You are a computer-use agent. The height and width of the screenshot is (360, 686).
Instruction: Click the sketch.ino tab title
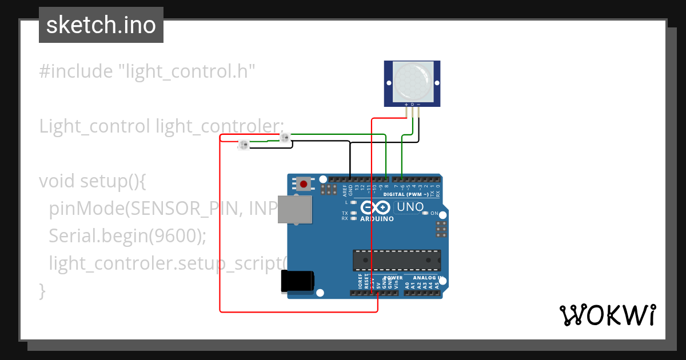pos(101,25)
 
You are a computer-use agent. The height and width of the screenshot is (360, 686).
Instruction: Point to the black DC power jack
pos(297,282)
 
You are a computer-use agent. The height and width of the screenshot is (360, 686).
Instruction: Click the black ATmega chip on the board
pos(397,259)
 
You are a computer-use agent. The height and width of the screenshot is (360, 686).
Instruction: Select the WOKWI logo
pos(607,315)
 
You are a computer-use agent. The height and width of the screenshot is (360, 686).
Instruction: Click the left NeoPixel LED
pos(243,145)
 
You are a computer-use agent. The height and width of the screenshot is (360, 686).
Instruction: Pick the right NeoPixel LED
pos(284,137)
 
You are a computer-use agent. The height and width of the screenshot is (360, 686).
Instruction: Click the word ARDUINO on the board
pos(376,219)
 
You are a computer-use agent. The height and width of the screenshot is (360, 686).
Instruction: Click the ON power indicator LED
pos(425,213)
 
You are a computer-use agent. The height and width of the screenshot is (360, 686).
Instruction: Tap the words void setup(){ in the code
pos(93,181)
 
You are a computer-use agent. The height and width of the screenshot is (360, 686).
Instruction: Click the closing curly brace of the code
pos(42,290)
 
